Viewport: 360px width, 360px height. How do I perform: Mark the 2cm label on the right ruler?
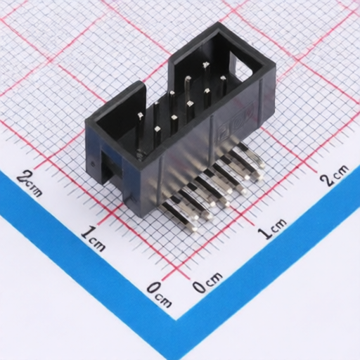(335, 174)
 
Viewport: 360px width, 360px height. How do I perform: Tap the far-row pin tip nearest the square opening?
(205, 65)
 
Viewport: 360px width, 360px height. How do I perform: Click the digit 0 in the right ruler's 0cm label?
(200, 286)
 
